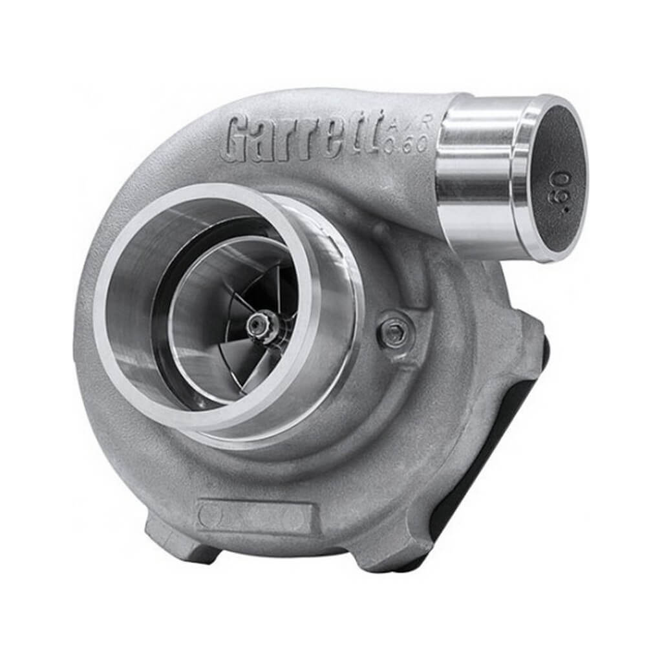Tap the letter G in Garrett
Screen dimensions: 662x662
pyautogui.click(x=239, y=138)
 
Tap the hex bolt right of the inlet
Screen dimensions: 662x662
pyautogui.click(x=395, y=333)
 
